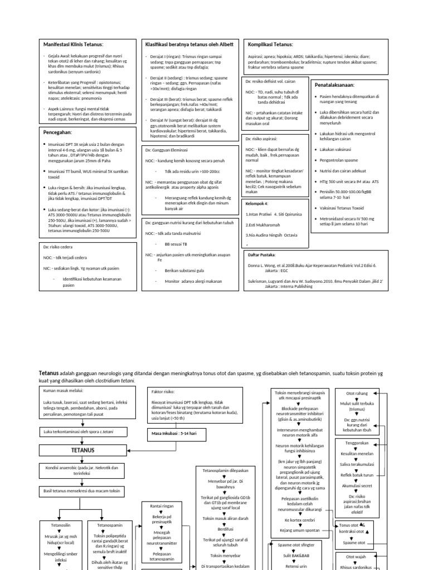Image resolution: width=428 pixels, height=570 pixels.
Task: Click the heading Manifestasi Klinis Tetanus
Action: (74, 44)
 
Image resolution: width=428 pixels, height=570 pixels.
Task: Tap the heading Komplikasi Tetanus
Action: (270, 44)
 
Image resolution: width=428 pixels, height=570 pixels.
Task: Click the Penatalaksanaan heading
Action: (334, 85)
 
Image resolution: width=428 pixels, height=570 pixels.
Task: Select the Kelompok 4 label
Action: (257, 204)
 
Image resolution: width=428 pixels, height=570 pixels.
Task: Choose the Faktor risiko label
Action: (165, 391)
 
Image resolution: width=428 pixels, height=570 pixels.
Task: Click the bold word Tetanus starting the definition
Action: (48, 372)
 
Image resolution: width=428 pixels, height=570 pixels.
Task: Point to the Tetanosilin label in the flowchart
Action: (61, 525)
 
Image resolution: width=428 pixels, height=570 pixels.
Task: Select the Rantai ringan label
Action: (162, 506)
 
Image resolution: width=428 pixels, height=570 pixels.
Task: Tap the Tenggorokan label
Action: (358, 444)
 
